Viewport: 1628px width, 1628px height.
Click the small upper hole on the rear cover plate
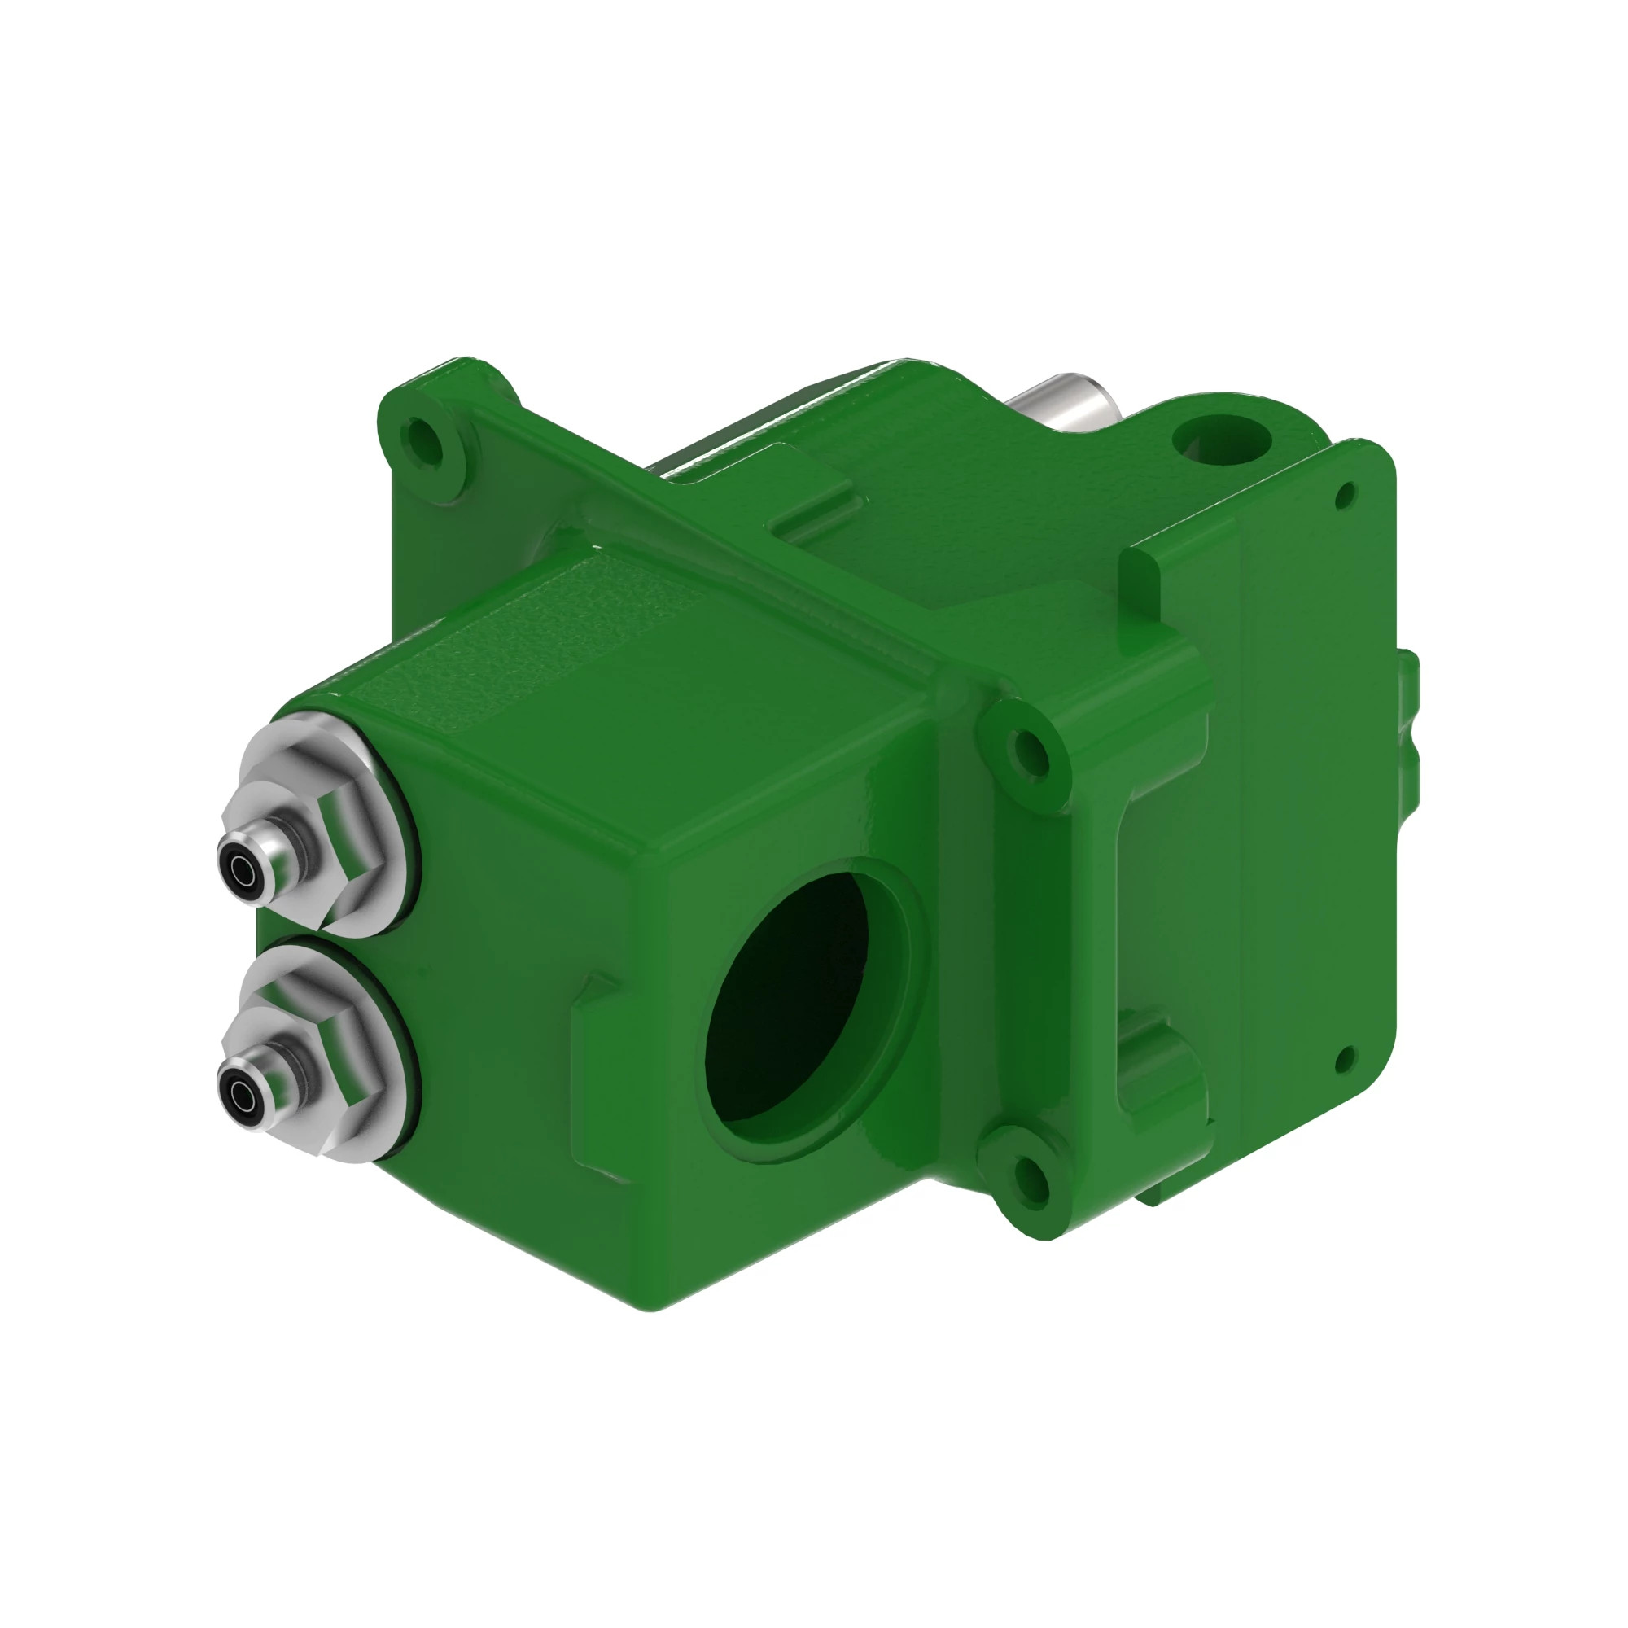coord(1346,496)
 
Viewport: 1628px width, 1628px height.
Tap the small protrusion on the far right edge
coord(1410,720)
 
